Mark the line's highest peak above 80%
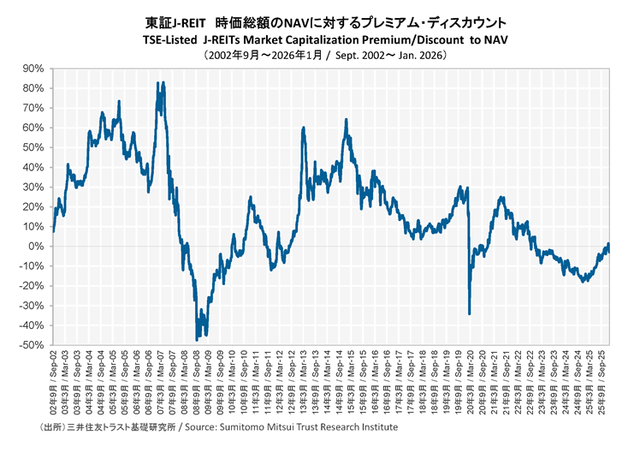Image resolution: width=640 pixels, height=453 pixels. coord(158,83)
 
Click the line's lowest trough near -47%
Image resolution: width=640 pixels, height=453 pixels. coord(197,340)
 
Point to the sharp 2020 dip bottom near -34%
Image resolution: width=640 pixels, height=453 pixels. coord(469,313)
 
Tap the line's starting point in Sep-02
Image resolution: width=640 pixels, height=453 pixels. coord(53,231)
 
